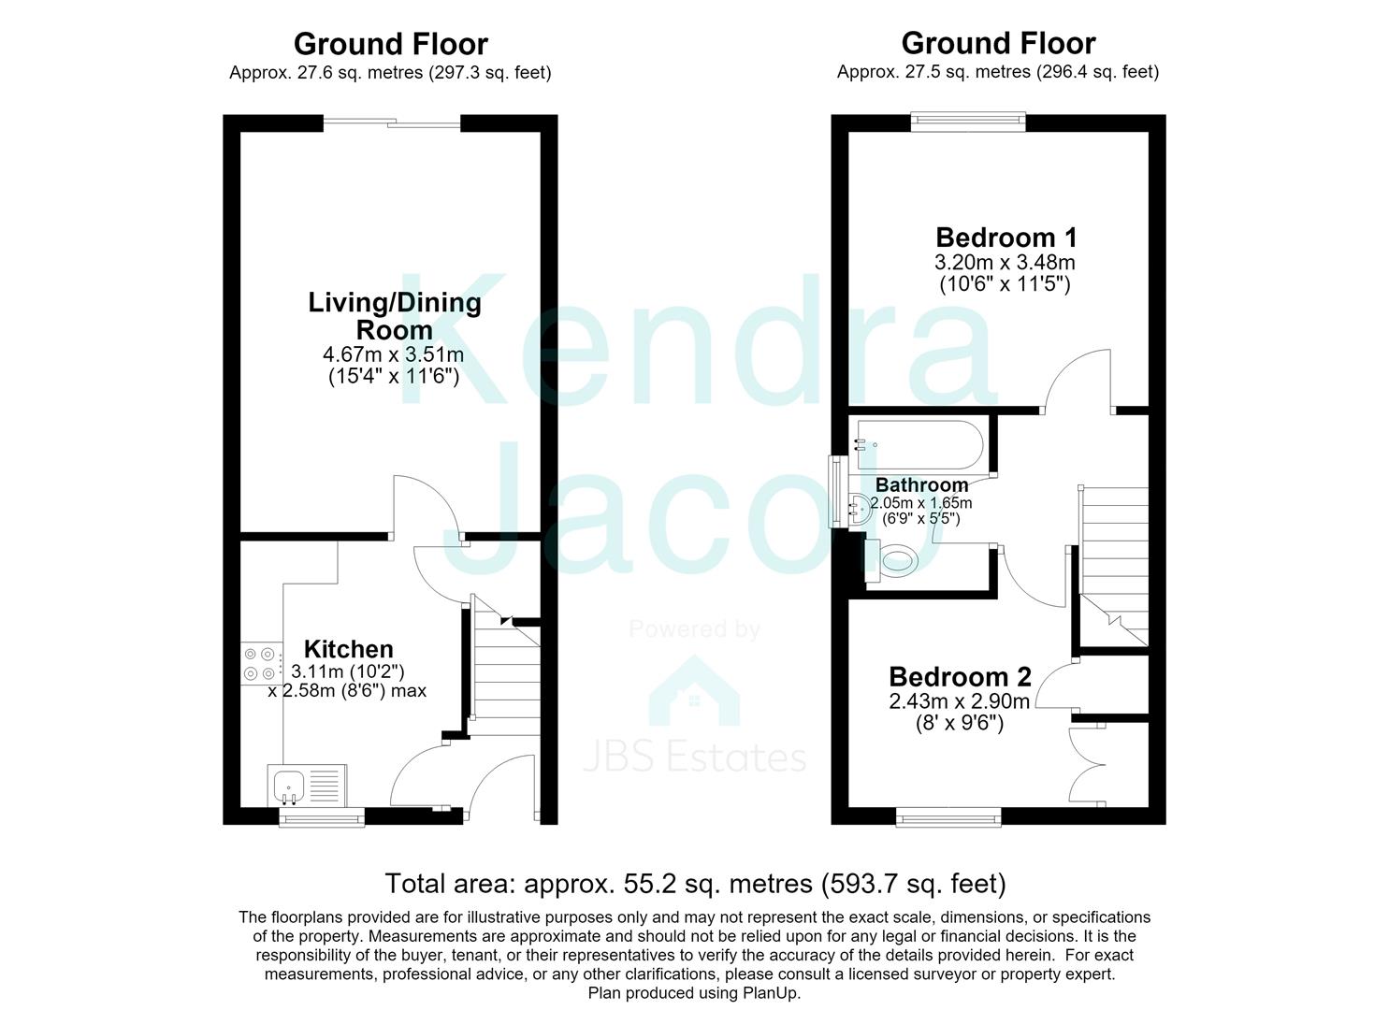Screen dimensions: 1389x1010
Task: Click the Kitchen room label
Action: (x=349, y=649)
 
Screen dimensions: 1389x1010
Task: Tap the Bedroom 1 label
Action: (x=1006, y=238)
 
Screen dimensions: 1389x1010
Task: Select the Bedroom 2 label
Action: (x=960, y=677)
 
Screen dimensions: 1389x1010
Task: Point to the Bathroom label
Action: (x=921, y=484)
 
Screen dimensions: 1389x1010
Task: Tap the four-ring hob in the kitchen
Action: (x=260, y=663)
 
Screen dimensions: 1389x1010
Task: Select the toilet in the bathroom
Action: (x=891, y=561)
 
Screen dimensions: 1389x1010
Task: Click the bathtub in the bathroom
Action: (x=919, y=445)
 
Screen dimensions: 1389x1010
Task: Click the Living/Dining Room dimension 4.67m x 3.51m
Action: (x=393, y=354)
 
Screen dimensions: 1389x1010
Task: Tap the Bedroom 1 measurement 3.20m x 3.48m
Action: (x=1006, y=262)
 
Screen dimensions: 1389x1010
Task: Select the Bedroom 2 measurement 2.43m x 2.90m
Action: (x=960, y=701)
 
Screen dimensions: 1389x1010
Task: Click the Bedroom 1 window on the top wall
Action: (x=968, y=122)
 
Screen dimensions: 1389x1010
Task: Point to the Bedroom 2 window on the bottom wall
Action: (x=948, y=817)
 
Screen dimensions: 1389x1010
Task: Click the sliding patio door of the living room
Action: (x=392, y=123)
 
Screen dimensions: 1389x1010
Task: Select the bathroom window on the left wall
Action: (x=838, y=492)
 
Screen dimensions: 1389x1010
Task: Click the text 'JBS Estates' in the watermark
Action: (x=694, y=757)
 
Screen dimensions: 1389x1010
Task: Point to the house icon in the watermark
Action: (x=694, y=691)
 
